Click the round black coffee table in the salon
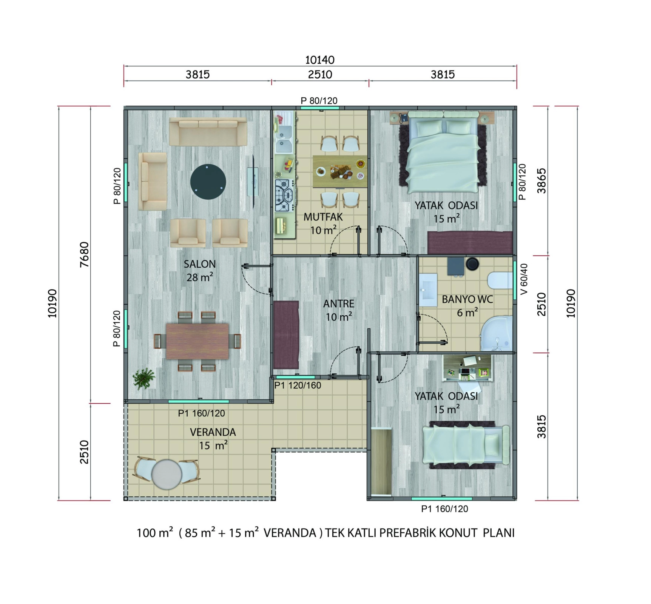point(208,182)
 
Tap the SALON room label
point(200,264)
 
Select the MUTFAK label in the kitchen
point(323,217)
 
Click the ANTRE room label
point(339,304)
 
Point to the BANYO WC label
point(467,299)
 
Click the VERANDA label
point(213,432)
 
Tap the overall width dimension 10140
point(320,60)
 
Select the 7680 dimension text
point(85,254)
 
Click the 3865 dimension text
point(541,181)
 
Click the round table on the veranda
point(167,474)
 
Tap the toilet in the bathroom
point(500,281)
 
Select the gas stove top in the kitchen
point(284,196)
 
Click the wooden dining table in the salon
point(197,341)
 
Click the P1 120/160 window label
point(298,385)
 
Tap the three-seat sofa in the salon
point(208,131)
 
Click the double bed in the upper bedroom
point(443,152)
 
